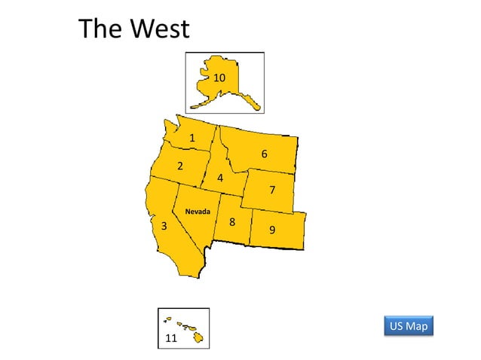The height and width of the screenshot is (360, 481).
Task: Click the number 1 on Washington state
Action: tap(192, 138)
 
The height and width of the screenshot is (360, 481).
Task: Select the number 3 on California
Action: tap(164, 226)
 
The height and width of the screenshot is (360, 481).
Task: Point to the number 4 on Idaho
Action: tap(220, 178)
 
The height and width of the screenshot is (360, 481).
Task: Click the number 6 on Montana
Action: tap(264, 154)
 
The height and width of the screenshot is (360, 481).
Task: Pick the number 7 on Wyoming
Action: tap(272, 190)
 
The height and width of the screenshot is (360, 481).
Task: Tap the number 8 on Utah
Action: tap(232, 222)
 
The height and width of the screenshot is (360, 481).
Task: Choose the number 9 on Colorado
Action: tap(272, 229)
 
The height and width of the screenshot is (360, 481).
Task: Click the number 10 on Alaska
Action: tap(219, 78)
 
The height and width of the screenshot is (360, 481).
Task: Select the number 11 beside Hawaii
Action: tap(171, 338)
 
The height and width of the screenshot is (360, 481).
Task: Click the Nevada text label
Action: tap(198, 211)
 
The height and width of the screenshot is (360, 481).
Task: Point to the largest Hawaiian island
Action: tap(198, 337)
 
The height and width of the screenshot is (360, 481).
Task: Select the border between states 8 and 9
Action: tap(250, 226)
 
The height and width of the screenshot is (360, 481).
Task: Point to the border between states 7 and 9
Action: tap(275, 210)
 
